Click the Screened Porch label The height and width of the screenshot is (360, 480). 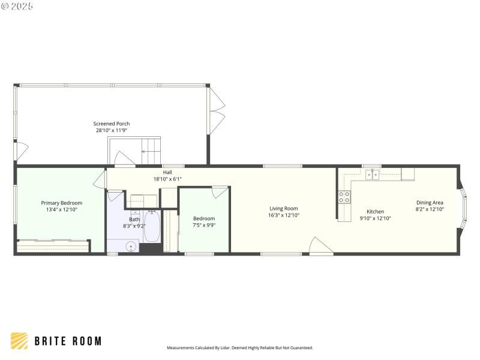coord(112,124)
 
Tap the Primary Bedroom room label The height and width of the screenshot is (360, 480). coord(62,203)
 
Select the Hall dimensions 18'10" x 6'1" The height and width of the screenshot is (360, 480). coord(167,179)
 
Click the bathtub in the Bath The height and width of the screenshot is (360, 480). coord(151,227)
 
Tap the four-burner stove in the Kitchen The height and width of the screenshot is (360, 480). coord(344,197)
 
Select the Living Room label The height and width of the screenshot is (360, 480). coord(283,208)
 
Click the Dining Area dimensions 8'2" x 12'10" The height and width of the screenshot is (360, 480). coord(430,209)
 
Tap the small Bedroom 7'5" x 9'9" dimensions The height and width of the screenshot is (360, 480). coord(204,225)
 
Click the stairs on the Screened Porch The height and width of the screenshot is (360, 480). coord(151,146)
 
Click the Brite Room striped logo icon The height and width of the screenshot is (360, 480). coord(19,341)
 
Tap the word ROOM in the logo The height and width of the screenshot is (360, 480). coord(85,341)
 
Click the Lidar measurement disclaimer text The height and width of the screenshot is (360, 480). coord(239,347)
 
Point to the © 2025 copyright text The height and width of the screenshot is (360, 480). coord(17,6)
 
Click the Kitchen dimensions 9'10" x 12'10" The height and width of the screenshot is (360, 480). coord(375,218)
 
